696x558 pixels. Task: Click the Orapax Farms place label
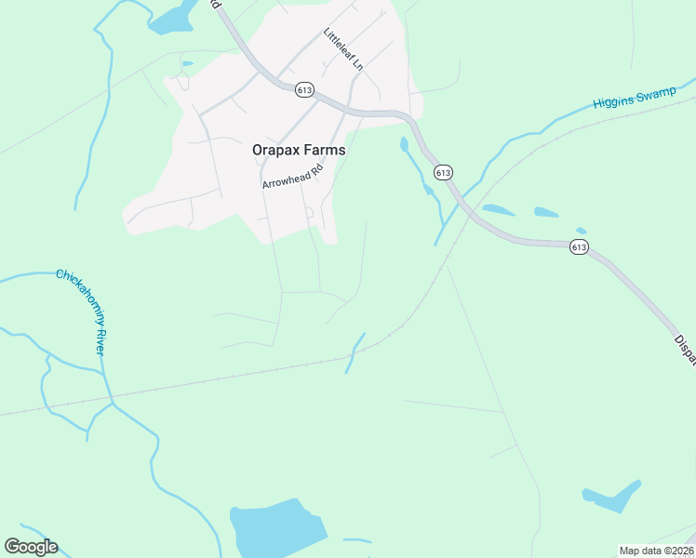299,149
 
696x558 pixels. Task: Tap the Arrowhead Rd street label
292,176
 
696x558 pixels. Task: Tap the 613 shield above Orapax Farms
304,89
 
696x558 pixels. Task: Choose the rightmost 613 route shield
580,246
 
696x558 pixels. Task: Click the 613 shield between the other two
443,173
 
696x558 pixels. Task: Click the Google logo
31,547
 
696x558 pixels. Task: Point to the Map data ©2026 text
656,551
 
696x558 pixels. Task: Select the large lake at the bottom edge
277,531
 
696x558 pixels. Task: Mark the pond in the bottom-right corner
613,497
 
